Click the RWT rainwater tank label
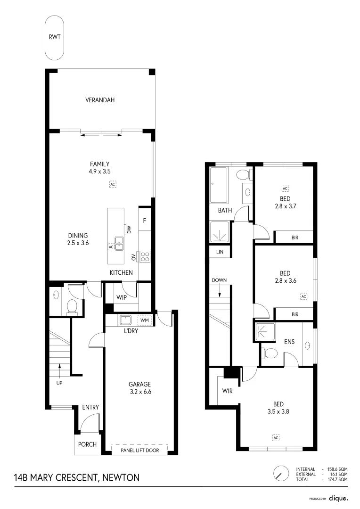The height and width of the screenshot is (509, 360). pyautogui.click(x=55, y=37)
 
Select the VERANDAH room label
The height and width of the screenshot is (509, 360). pyautogui.click(x=100, y=100)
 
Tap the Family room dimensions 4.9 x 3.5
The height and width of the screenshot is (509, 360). pyautogui.click(x=100, y=172)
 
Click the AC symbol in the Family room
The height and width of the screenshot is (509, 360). pyautogui.click(x=113, y=184)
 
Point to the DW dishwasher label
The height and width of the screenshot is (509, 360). pyautogui.click(x=129, y=229)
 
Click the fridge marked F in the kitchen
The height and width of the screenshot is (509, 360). pyautogui.click(x=144, y=220)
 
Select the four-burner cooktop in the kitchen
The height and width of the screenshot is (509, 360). pyautogui.click(x=145, y=257)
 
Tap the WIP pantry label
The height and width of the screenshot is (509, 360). pyautogui.click(x=121, y=298)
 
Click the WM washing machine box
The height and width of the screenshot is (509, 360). pyautogui.click(x=144, y=321)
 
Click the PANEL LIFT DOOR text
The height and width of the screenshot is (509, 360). pyautogui.click(x=139, y=451)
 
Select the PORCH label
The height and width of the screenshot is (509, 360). pyautogui.click(x=87, y=444)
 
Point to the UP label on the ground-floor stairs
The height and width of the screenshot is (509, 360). pyautogui.click(x=59, y=383)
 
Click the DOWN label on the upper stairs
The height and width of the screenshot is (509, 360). pyautogui.click(x=219, y=280)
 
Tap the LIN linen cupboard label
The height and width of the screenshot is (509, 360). pyautogui.click(x=220, y=252)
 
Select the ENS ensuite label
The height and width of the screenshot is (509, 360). pyautogui.click(x=289, y=341)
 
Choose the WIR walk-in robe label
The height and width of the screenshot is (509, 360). pyautogui.click(x=228, y=391)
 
